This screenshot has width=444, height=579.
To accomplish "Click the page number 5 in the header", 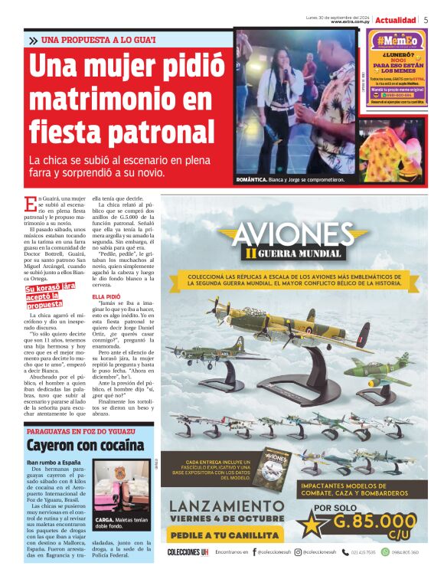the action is tap(426, 19).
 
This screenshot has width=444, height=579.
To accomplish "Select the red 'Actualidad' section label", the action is tap(395, 19).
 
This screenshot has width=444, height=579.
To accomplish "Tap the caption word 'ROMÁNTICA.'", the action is tap(253, 180).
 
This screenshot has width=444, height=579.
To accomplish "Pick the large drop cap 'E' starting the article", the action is tap(30, 204).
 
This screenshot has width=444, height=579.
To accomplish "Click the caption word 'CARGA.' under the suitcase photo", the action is tap(105, 518).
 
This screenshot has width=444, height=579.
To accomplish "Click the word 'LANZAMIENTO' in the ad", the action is tap(227, 506).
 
